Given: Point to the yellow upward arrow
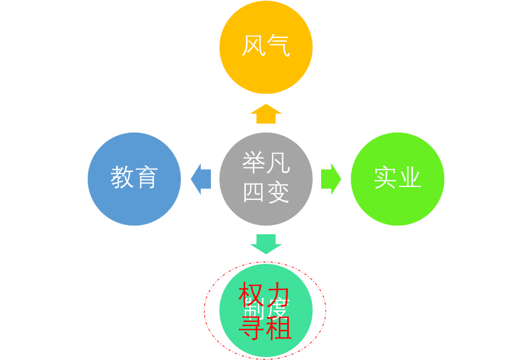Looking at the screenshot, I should tap(266, 114).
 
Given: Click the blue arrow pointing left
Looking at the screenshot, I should tap(200, 179).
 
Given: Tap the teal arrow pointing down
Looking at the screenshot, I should tap(266, 243).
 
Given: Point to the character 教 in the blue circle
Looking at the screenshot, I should tap(122, 178).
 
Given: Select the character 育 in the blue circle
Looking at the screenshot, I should tap(147, 178).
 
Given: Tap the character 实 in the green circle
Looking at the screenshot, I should tap(385, 178).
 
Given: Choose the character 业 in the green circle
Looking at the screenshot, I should tap(410, 178).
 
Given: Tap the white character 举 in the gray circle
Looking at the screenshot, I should tap(253, 163).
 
